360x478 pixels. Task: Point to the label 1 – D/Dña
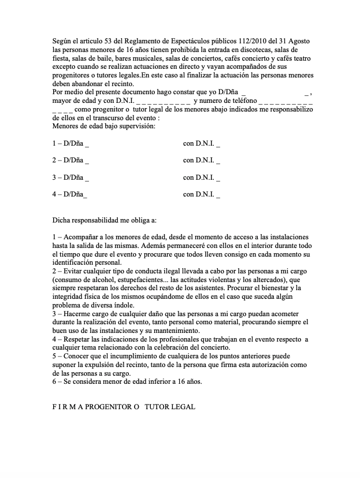pos(70,143)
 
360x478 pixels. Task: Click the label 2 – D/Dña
pos(70,160)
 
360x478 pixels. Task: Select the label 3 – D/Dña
pos(70,177)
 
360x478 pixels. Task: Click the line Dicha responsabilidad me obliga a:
pos(109,220)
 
